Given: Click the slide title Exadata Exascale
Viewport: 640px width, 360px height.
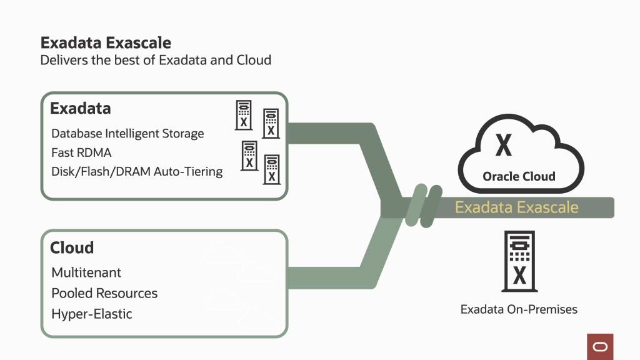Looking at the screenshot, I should (106, 42).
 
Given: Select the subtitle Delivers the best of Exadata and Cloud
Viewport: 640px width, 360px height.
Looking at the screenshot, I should (156, 61).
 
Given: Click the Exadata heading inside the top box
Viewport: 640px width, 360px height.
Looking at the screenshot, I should (80, 108).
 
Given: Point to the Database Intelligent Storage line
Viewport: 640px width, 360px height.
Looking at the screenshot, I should (127, 133).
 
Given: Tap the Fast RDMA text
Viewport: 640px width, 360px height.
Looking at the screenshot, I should (81, 152).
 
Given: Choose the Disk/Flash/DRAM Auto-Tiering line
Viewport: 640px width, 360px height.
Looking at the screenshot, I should (137, 171).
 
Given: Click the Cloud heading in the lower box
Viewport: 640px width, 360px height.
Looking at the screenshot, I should (72, 247).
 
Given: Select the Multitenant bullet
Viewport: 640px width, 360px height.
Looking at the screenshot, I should (86, 272).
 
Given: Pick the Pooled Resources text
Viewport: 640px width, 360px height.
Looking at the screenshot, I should (104, 293).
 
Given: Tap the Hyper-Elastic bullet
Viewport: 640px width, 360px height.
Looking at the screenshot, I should (92, 314).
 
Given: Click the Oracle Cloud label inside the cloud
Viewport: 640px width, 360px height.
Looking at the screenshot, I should (519, 176).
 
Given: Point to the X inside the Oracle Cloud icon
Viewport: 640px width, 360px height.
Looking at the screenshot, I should (503, 146).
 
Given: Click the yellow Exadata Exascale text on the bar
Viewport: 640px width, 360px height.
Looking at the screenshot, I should (516, 207).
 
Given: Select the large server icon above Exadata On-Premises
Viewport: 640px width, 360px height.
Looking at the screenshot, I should (519, 261).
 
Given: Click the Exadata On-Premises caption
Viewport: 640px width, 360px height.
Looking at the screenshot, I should (519, 309).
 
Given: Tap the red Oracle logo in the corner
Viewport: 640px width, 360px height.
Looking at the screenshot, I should (600, 346).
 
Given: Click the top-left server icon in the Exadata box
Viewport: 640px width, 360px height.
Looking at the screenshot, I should (244, 115).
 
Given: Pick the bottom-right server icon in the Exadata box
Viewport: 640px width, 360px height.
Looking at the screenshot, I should (271, 169).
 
